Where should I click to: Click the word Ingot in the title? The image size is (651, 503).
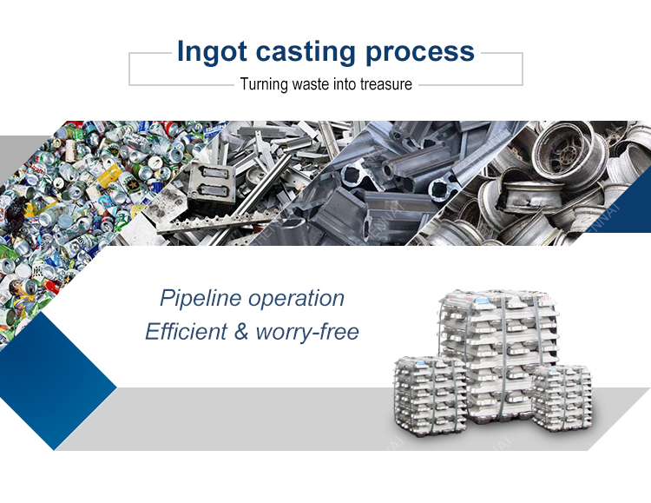[x=212, y=52]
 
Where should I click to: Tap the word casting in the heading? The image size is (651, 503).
[x=306, y=52]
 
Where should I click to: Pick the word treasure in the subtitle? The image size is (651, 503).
[x=385, y=84]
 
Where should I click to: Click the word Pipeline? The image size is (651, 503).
[x=201, y=299]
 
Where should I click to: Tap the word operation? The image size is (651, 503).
[x=297, y=300]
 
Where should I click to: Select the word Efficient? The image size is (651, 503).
[x=186, y=331]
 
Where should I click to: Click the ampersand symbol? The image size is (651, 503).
[x=240, y=331]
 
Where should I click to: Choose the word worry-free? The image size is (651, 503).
[x=307, y=332]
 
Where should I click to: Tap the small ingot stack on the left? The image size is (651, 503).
[x=431, y=396]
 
